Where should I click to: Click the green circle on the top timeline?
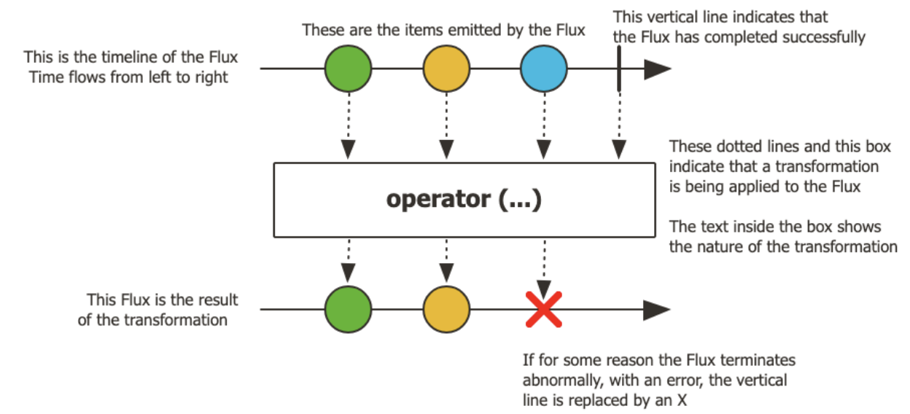348,69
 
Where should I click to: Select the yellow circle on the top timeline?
446,69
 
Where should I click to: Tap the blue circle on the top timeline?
543,69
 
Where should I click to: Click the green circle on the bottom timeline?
348,309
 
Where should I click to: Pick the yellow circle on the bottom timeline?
446,309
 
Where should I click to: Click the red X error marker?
543,309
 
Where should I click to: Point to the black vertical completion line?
619,69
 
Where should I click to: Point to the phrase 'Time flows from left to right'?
128,77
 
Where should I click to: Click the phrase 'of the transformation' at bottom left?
152,320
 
